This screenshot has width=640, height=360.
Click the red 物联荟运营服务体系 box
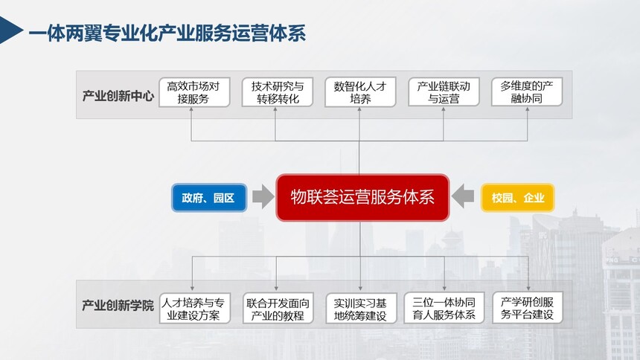tap(362, 198)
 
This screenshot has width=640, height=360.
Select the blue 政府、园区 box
tap(209, 198)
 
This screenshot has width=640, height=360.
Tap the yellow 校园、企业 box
tap(517, 198)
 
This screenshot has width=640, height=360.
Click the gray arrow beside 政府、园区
tap(263, 196)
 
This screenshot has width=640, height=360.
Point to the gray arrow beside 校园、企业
tap(463, 196)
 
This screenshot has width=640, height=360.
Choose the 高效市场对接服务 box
tap(194, 92)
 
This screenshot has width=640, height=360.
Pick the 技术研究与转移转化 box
tap(277, 92)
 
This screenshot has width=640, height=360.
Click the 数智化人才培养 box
tap(360, 92)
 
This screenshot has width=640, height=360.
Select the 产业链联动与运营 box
tap(444, 92)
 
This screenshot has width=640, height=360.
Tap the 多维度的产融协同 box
tap(527, 92)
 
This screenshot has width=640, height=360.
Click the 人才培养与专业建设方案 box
tap(195, 308)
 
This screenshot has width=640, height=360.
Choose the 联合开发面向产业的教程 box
tap(278, 308)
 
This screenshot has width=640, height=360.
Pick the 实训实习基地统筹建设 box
tap(361, 308)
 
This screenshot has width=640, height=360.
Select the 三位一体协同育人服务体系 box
tap(444, 308)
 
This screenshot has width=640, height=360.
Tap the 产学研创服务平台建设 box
tap(528, 308)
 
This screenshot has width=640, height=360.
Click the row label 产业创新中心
tap(118, 96)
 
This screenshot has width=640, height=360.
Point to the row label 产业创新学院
tap(118, 305)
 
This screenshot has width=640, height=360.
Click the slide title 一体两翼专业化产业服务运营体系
tap(167, 33)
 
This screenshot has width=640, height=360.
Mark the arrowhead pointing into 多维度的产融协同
tap(528, 110)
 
